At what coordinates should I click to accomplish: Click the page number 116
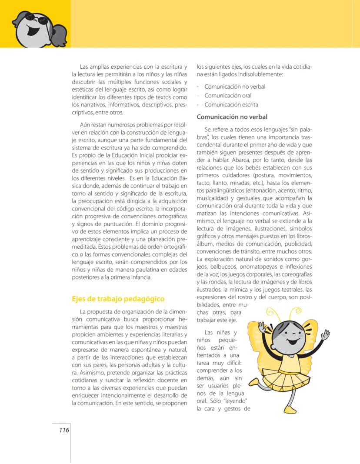pos(63,430)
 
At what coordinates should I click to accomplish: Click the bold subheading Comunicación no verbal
pos(232,117)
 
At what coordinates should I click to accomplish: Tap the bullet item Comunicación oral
pos(228,96)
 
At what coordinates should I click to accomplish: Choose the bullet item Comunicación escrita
pos(231,105)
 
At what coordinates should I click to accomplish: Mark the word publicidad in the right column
pos(297,244)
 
